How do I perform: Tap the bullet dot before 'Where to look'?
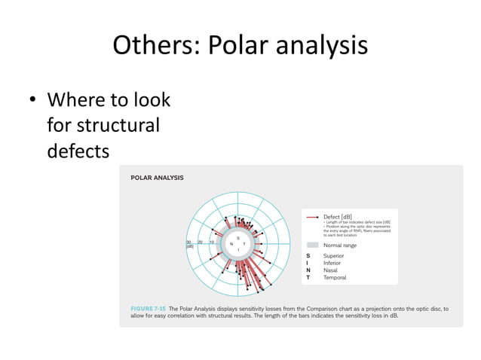pyautogui.click(x=33, y=100)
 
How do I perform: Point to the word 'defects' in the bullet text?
pyautogui.click(x=78, y=151)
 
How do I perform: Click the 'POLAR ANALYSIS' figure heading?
pyautogui.click(x=157, y=178)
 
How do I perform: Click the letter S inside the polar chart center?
pyautogui.click(x=238, y=239)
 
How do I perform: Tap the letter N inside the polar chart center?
pyautogui.click(x=230, y=244)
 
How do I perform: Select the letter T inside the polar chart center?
pyautogui.click(x=245, y=244)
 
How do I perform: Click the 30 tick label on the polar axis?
pyautogui.click(x=188, y=242)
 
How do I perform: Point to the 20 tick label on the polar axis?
pyautogui.click(x=200, y=242)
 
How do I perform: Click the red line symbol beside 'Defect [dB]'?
pyautogui.click(x=312, y=217)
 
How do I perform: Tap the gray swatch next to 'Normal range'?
pyautogui.click(x=312, y=245)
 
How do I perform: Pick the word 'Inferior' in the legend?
pyautogui.click(x=332, y=263)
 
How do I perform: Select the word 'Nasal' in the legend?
pyautogui.click(x=331, y=270)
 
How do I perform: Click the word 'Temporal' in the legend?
pyautogui.click(x=335, y=278)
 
